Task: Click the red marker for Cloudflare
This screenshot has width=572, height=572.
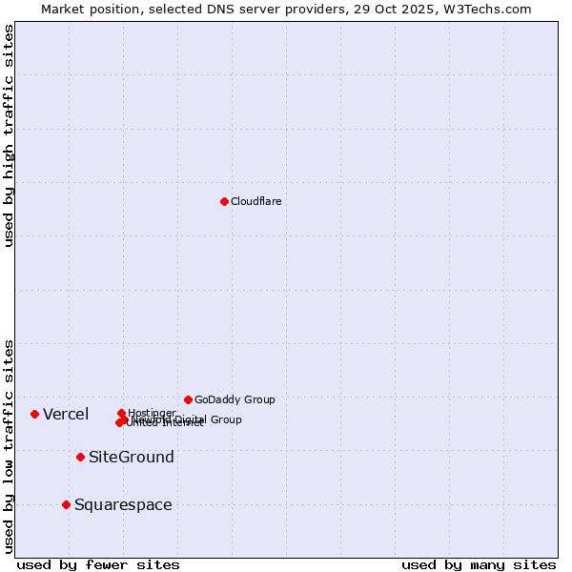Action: pyautogui.click(x=224, y=201)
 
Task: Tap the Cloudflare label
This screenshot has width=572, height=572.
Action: pyautogui.click(x=255, y=201)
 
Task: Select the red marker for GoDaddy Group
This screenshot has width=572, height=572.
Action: pyautogui.click(x=188, y=399)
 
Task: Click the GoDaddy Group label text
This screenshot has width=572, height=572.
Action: pyautogui.click(x=235, y=399)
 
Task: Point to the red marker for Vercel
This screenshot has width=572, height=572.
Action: pyautogui.click(x=34, y=414)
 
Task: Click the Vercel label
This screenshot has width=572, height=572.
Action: pyautogui.click(x=66, y=414)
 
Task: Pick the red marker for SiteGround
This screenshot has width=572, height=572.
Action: pyautogui.click(x=80, y=457)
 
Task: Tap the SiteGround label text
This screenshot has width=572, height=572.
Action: pyautogui.click(x=132, y=458)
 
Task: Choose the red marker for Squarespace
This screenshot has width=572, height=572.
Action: pyautogui.click(x=66, y=504)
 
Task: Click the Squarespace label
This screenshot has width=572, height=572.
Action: pyautogui.click(x=123, y=505)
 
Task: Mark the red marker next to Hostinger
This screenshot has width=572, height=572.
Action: pyautogui.click(x=121, y=413)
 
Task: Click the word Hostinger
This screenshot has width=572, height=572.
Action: pyautogui.click(x=152, y=413)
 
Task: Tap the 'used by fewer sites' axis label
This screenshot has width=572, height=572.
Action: pyautogui.click(x=98, y=564)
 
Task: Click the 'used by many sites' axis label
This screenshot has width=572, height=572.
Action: pyautogui.click(x=479, y=564)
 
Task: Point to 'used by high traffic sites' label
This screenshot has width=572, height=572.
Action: pyautogui.click(x=10, y=135)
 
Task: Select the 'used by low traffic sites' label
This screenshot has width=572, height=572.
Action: pyautogui.click(x=10, y=446)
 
